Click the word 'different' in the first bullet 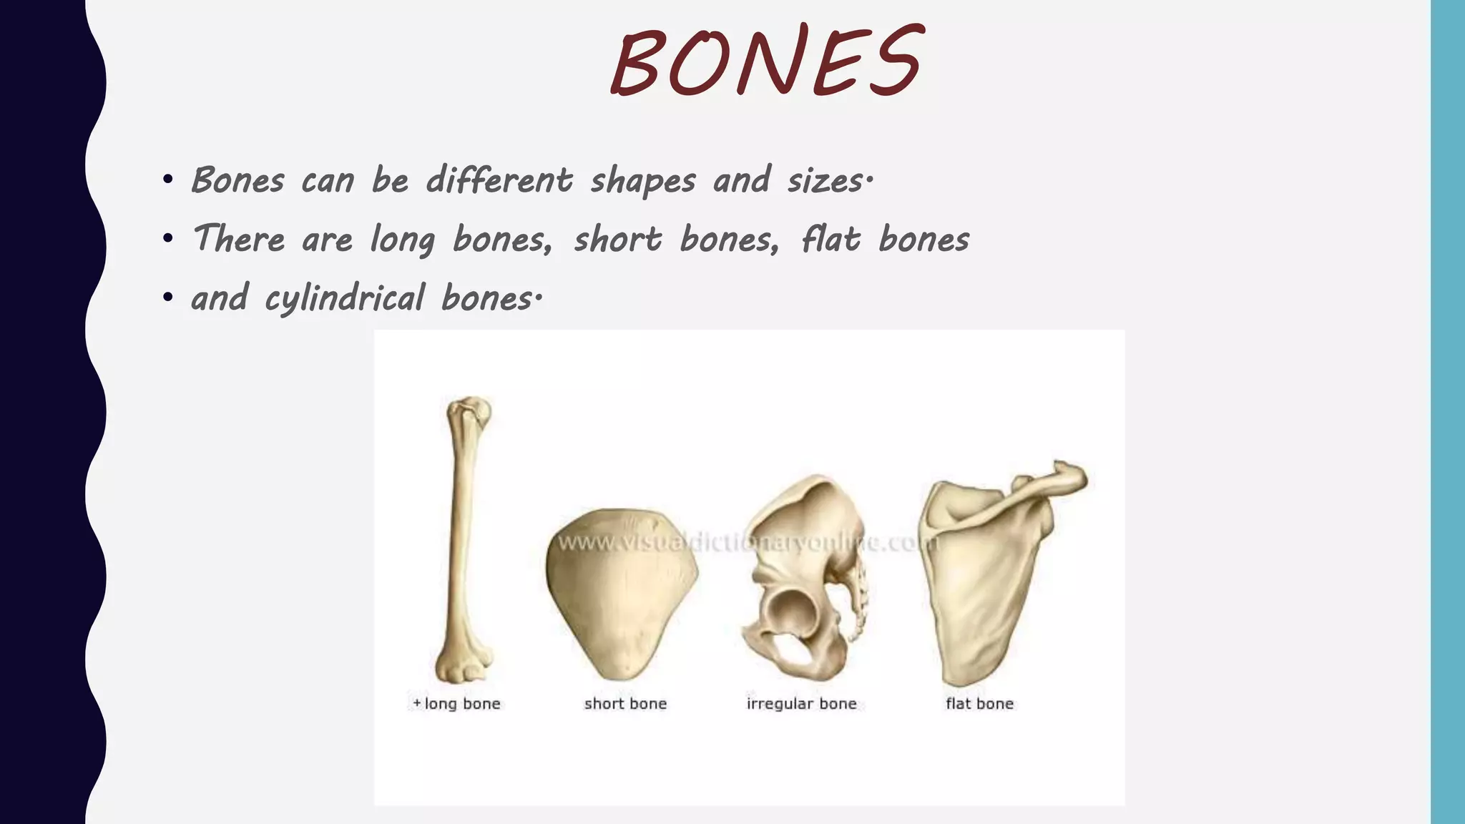pyautogui.click(x=499, y=180)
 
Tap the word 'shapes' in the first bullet pyautogui.click(x=642, y=180)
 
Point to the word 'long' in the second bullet pyautogui.click(x=402, y=240)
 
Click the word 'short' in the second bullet pyautogui.click(x=617, y=239)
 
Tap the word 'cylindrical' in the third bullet pyautogui.click(x=344, y=298)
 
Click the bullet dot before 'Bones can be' pyautogui.click(x=167, y=179)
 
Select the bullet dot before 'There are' pyautogui.click(x=167, y=238)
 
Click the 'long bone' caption pyautogui.click(x=462, y=704)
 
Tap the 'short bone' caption pyautogui.click(x=625, y=704)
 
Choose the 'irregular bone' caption pyautogui.click(x=801, y=704)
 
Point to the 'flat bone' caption pyautogui.click(x=979, y=704)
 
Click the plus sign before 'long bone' pyautogui.click(x=417, y=704)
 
